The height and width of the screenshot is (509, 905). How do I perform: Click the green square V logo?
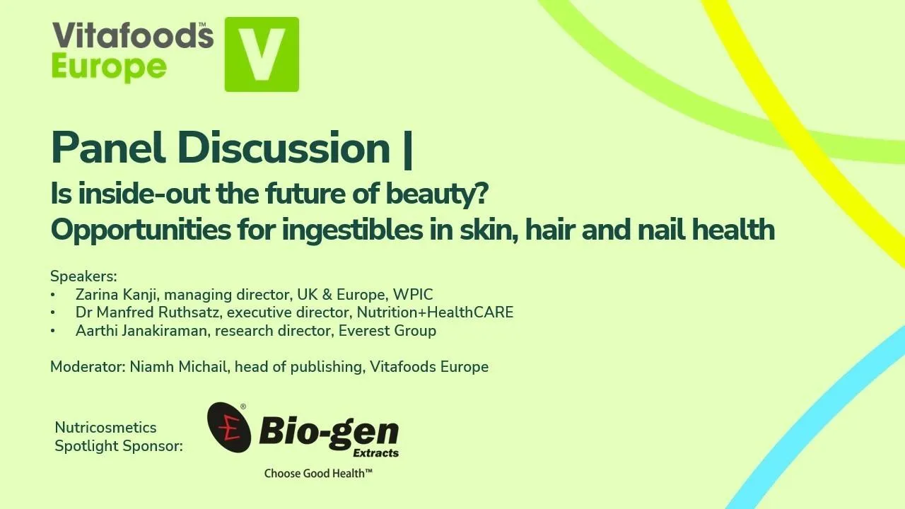(x=262, y=54)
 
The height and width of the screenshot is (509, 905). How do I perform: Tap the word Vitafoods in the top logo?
(x=132, y=35)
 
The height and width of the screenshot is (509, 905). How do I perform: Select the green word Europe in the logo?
(x=109, y=68)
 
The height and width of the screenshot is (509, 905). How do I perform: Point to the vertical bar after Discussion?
(x=407, y=148)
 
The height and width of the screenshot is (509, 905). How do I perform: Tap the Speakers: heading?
(x=83, y=276)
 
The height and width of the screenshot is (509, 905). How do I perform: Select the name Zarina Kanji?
(x=116, y=294)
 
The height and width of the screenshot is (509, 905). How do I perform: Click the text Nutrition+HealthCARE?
(x=435, y=312)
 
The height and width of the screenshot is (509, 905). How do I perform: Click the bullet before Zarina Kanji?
(x=53, y=294)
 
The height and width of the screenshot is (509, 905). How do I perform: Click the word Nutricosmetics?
(x=105, y=428)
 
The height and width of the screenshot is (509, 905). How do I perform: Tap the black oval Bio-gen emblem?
(x=228, y=428)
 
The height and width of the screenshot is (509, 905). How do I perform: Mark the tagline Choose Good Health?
(x=318, y=473)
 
